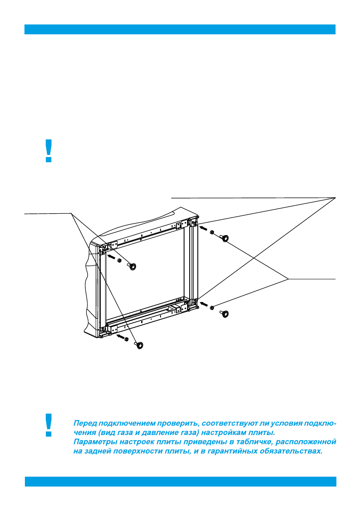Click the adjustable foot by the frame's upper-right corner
pos(224,239)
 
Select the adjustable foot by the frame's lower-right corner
pos(224,314)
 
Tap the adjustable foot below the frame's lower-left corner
pos(139,345)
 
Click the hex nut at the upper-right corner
pos(212,232)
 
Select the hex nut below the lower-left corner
pos(126,339)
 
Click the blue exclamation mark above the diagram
pos(49,151)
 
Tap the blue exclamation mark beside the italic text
pos(49,425)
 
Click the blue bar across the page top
pos(180,29)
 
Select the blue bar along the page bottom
pos(180,481)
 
